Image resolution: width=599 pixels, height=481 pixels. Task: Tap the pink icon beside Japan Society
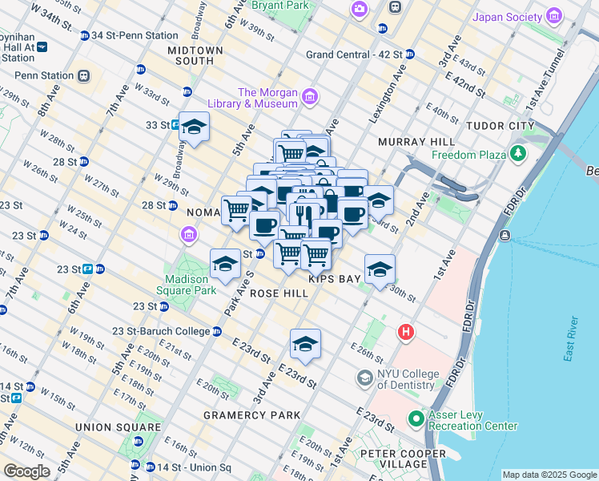pos(553,16)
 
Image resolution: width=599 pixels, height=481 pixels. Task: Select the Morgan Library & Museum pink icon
pos(310,99)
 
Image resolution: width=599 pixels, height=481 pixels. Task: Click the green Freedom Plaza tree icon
pos(520,152)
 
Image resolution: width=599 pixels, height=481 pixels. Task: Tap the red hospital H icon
pos(407,331)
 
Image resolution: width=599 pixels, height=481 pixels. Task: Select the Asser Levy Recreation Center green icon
pos(416,418)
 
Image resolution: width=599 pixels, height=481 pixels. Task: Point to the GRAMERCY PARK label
pos(251,415)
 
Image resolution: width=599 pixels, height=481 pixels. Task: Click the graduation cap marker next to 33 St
pos(193,127)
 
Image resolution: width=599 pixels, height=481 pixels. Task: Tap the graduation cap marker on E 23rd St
pos(305,344)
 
